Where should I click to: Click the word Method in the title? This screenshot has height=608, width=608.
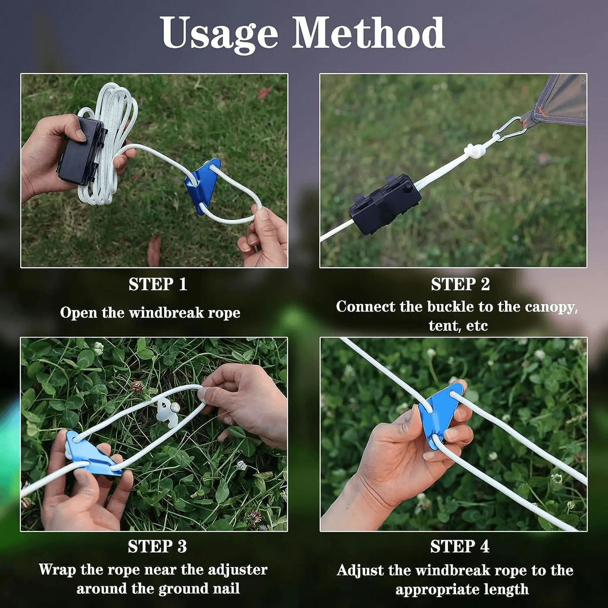point(368,33)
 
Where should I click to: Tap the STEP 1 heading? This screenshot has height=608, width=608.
point(158,284)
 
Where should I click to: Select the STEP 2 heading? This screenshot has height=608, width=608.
point(460,285)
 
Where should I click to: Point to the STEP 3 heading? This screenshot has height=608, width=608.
point(157,547)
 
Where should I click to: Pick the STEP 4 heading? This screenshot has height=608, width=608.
point(460,547)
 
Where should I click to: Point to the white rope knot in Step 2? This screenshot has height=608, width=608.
point(475,150)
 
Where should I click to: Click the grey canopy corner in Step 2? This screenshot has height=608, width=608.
point(562,101)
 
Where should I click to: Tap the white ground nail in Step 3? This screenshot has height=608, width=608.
point(167,410)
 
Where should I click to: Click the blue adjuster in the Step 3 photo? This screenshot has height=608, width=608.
point(91,453)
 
